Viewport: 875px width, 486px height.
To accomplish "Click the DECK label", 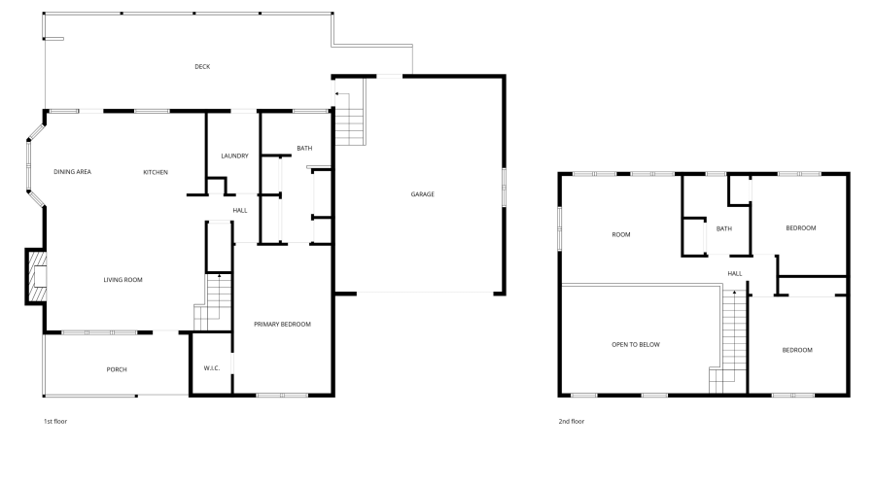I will point(202,67).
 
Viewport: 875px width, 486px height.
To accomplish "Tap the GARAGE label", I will point(422,194).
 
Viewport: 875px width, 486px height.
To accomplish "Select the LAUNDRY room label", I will point(234,156).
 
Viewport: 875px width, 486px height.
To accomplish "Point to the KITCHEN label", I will point(156,172).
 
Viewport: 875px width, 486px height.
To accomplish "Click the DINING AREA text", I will point(72,172).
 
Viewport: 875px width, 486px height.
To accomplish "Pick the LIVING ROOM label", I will point(123,280).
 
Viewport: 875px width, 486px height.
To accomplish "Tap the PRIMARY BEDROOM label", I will point(282,324).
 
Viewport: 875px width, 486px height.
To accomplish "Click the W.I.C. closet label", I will point(212,368).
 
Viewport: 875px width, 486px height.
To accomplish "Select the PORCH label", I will point(117,369).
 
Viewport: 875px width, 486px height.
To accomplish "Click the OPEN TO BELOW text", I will point(636,345).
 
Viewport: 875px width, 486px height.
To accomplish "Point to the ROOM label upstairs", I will point(621,235).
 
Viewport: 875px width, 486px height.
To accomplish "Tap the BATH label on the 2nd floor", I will point(723,229).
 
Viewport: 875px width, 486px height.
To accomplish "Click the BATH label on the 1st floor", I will point(304,149).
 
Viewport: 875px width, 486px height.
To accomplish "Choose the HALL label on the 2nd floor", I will point(735,274).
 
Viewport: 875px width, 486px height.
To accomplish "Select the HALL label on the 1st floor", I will point(240,210).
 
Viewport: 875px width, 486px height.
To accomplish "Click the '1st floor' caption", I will point(55,422).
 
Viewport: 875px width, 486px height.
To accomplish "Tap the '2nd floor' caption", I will point(572,422).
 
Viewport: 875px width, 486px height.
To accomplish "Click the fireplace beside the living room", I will point(36,276).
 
